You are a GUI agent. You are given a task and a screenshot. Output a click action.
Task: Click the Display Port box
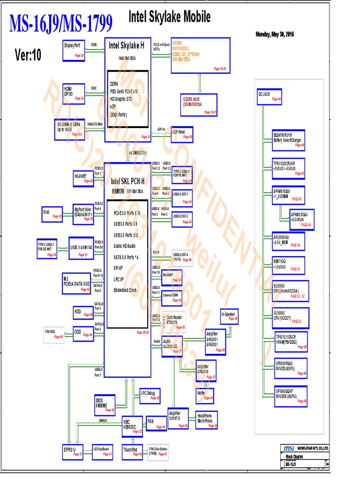74,50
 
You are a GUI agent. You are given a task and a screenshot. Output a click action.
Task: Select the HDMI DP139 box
74,92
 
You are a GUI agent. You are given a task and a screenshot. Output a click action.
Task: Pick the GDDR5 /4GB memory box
199,105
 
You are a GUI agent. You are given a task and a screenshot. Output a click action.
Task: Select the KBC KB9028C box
132,424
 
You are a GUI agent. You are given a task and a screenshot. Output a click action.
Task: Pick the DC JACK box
269,96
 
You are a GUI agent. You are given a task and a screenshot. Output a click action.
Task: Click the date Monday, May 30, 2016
275,34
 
